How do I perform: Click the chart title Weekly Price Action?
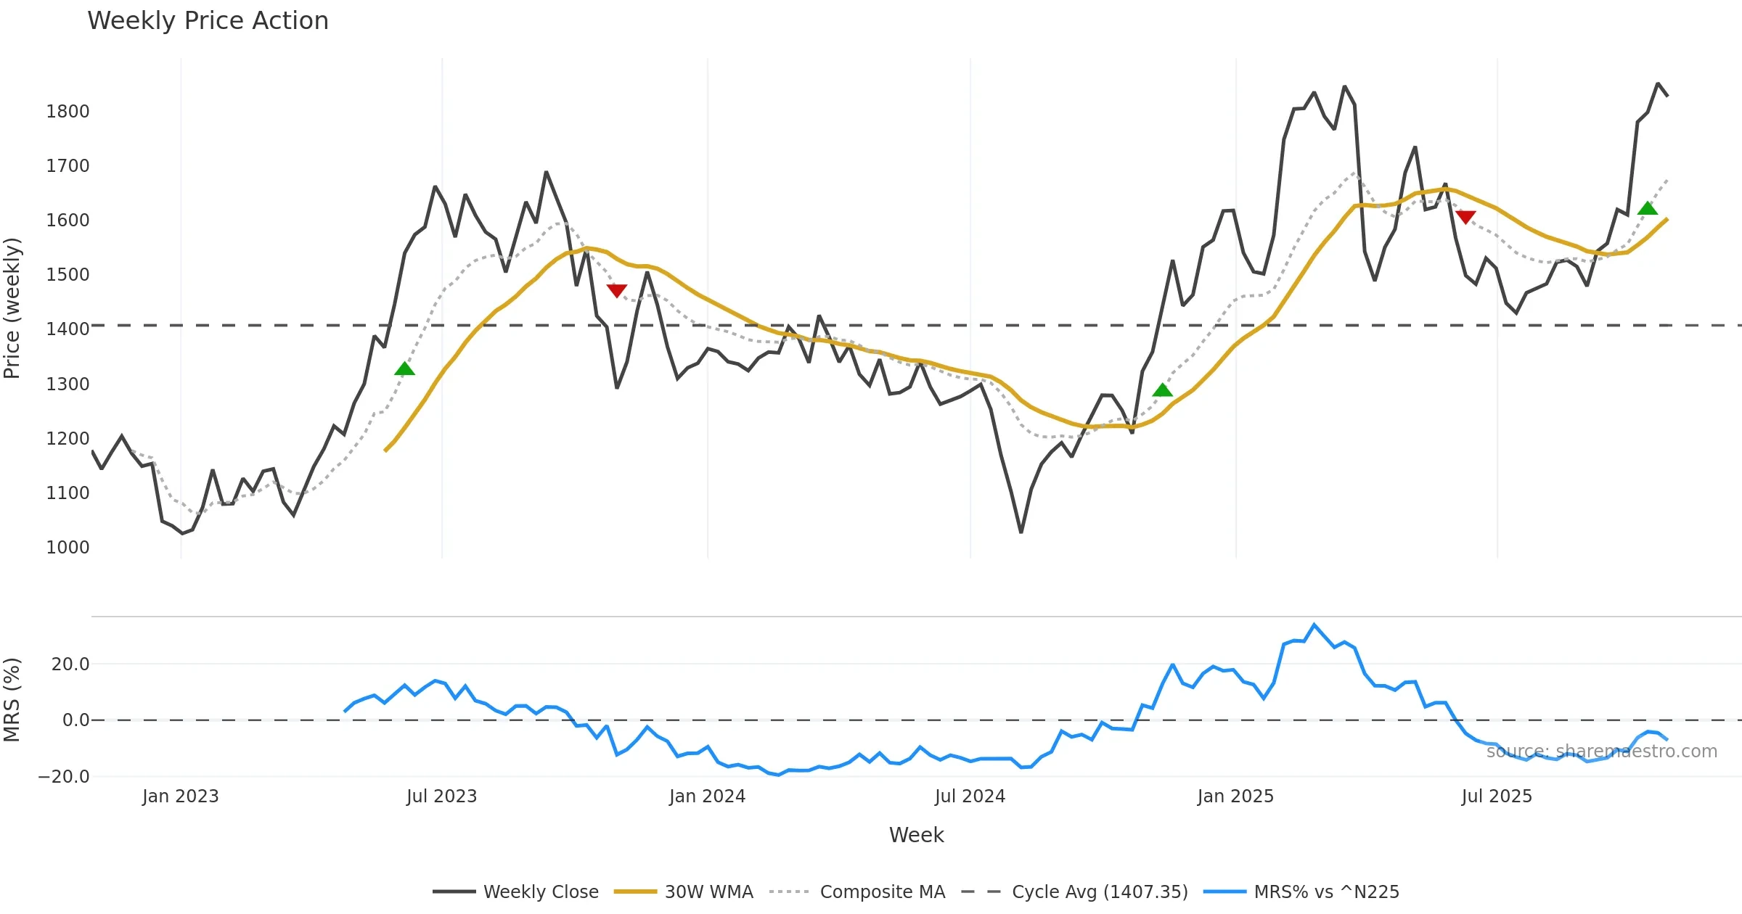click(208, 21)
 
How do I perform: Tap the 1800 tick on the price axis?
click(68, 112)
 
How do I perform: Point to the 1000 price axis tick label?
click(68, 548)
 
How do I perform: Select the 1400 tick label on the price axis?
click(68, 329)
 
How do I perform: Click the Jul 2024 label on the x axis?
click(970, 796)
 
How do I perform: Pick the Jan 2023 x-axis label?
click(180, 796)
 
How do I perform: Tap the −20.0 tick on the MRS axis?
click(64, 777)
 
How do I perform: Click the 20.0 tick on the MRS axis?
click(70, 664)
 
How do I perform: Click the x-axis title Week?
click(916, 836)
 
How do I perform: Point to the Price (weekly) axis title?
click(12, 308)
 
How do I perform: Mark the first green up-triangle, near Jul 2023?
click(404, 369)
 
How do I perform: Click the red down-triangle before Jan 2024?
click(616, 290)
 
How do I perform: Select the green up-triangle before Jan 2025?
click(1162, 390)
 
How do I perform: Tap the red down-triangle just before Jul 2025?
click(1465, 217)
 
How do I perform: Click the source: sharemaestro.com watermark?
click(1601, 752)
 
